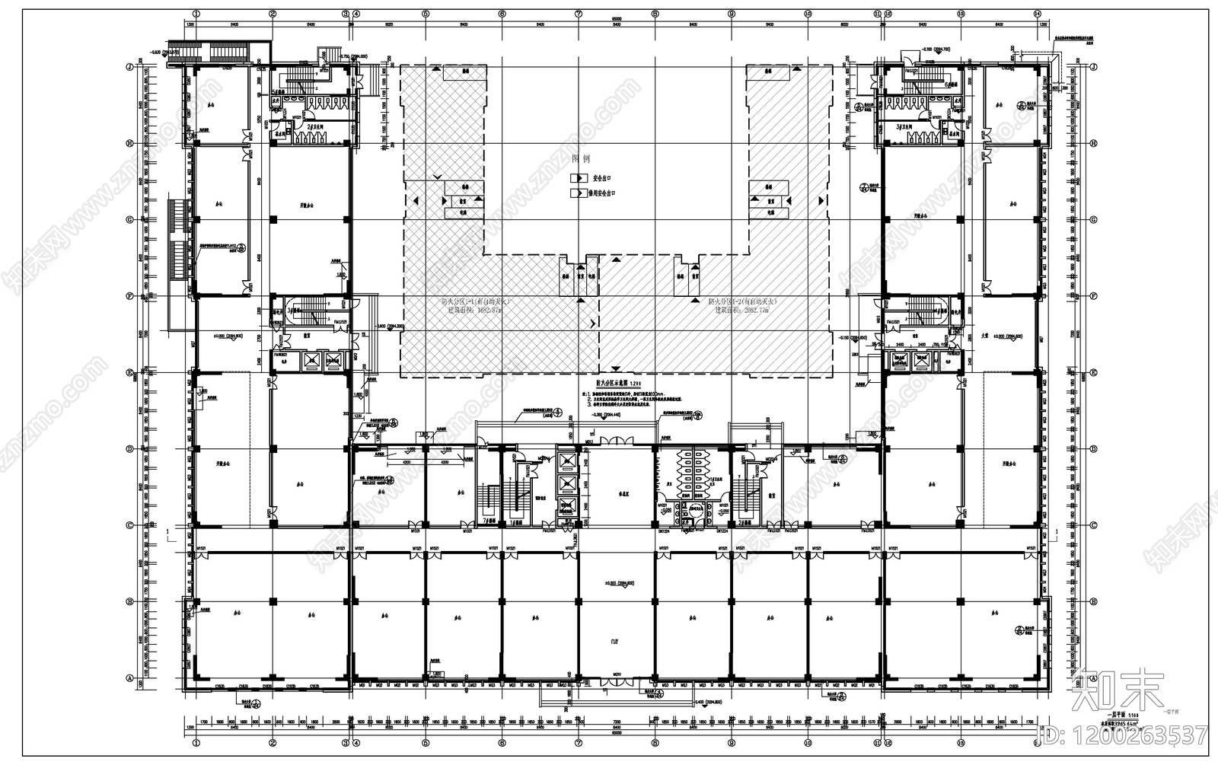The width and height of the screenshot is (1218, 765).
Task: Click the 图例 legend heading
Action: pyautogui.click(x=581, y=159)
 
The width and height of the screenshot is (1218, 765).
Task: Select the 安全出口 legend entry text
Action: pyautogui.click(x=601, y=178)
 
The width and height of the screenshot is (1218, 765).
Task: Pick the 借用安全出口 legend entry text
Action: pyautogui.click(x=605, y=194)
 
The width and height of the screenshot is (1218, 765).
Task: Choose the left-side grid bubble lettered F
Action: pyautogui.click(x=129, y=296)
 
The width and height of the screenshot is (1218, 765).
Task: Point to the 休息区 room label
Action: pyautogui.click(x=615, y=494)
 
